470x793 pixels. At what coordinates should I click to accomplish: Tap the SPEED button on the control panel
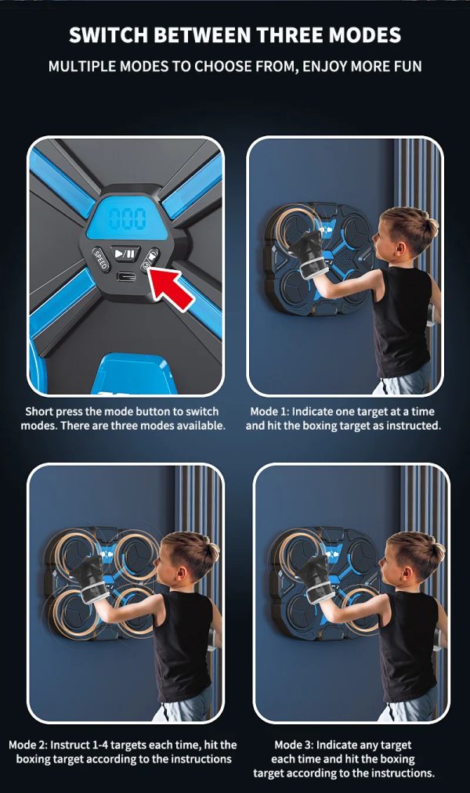coord(101,259)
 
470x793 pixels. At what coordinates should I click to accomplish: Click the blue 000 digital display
coord(128,219)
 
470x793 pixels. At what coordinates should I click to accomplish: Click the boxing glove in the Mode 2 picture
coord(89,579)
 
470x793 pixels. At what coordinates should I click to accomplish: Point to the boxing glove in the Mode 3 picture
coord(315,579)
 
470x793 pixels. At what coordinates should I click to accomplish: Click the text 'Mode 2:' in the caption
coord(28,744)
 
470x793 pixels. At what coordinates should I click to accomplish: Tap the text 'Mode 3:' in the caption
coord(295,744)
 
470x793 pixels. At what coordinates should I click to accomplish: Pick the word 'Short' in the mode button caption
coord(39,411)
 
